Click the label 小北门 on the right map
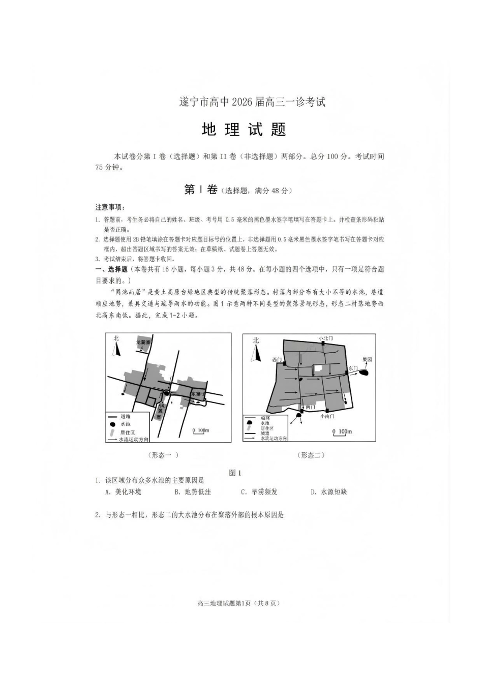click(325, 338)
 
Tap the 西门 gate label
click(277, 359)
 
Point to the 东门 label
click(353, 367)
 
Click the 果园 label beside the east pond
click(367, 359)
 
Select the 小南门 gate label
click(327, 416)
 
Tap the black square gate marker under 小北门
click(323, 344)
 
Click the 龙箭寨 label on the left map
click(143, 342)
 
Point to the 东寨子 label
click(198, 394)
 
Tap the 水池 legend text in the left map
click(125, 424)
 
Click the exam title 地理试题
click(244, 130)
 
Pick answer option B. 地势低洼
click(193, 492)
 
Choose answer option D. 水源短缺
click(329, 492)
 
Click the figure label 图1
click(235, 473)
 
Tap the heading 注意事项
click(110, 207)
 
